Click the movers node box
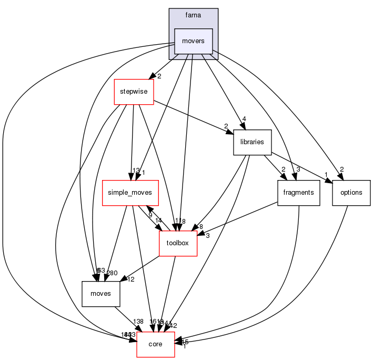193,41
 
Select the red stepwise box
134,92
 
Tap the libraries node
252,142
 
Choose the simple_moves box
129,193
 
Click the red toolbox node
178,243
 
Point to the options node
351,193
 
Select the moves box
101,294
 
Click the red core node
156,344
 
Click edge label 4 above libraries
245,118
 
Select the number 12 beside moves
131,279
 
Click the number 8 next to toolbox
201,227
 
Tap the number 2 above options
341,169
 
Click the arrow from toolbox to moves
141,268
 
